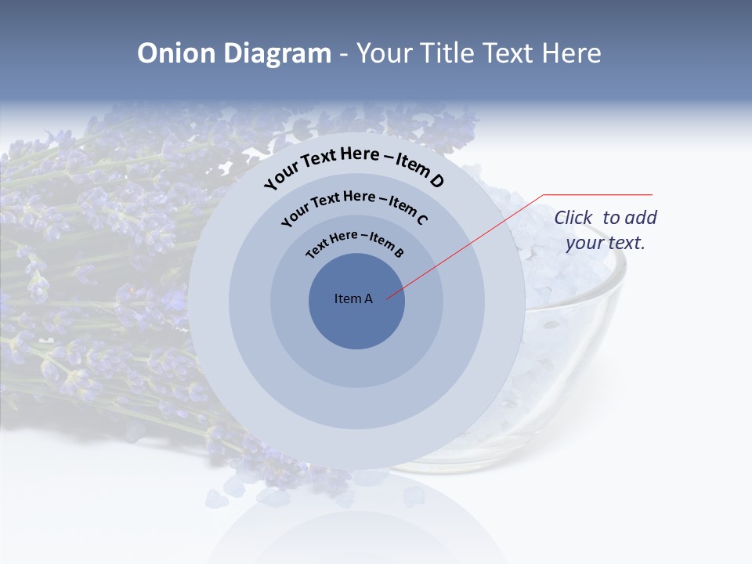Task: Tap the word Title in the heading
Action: (449, 53)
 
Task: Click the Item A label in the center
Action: (353, 298)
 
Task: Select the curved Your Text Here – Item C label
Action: (354, 204)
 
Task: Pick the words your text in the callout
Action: (606, 243)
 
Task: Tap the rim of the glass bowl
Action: (611, 266)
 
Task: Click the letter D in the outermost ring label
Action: (436, 180)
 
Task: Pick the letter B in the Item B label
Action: (399, 252)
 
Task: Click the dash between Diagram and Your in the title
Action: (344, 53)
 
